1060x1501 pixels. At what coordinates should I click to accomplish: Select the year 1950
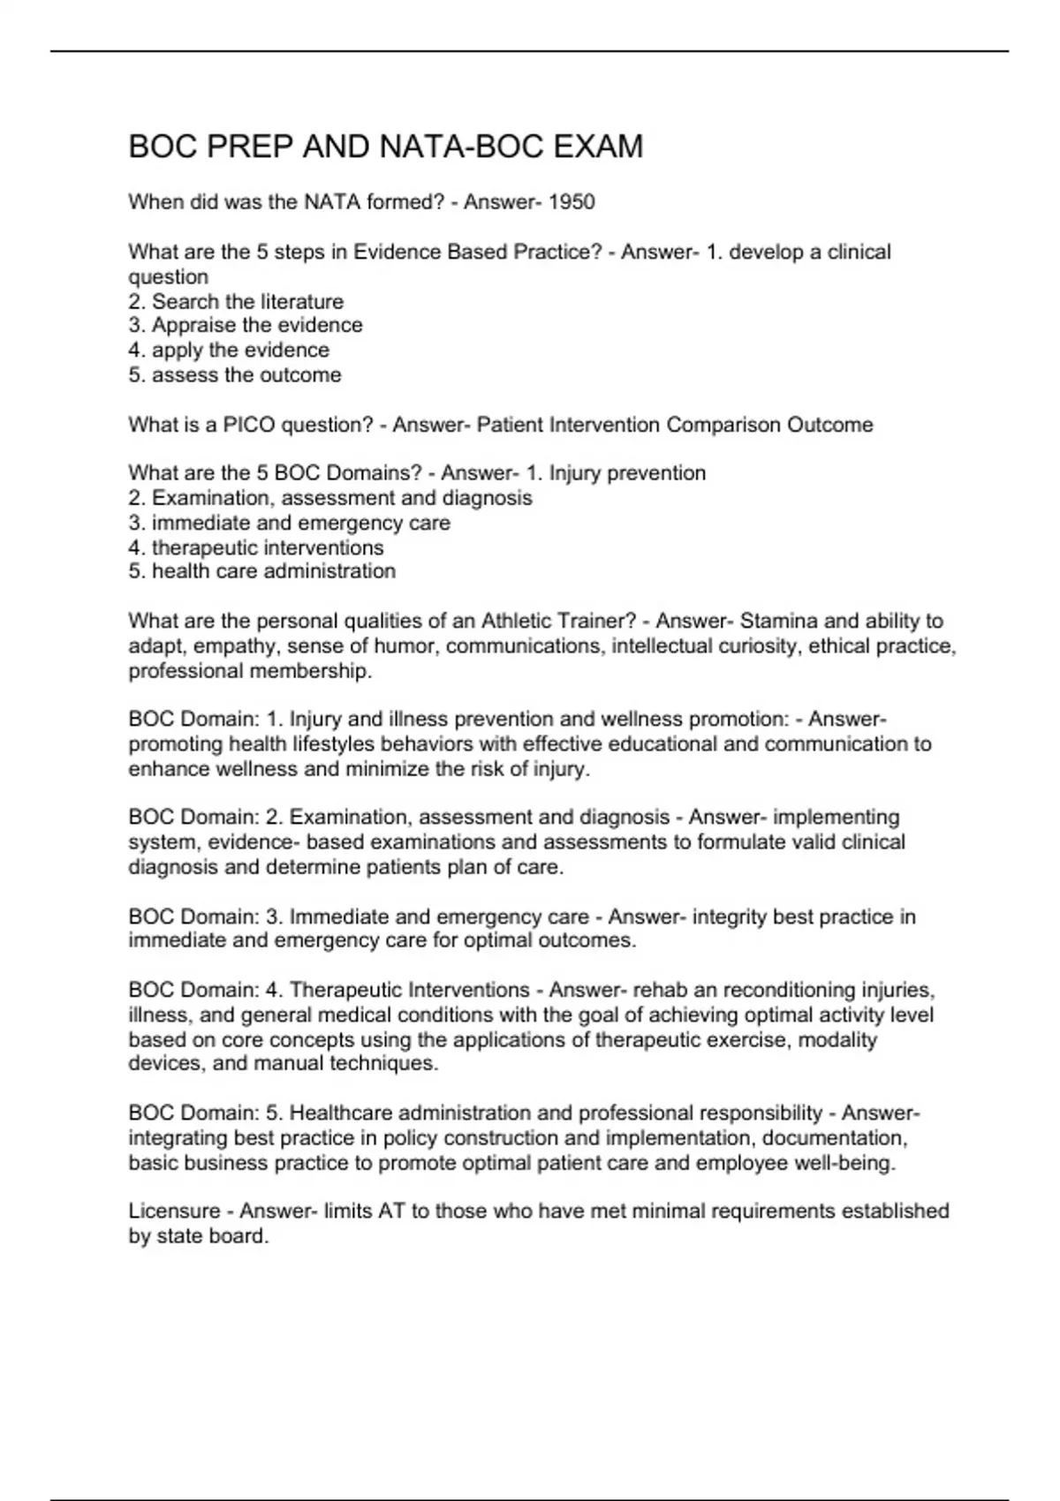point(572,202)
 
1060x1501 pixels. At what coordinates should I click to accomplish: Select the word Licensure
point(174,1211)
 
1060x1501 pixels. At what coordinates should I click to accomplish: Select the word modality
point(837,1039)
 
